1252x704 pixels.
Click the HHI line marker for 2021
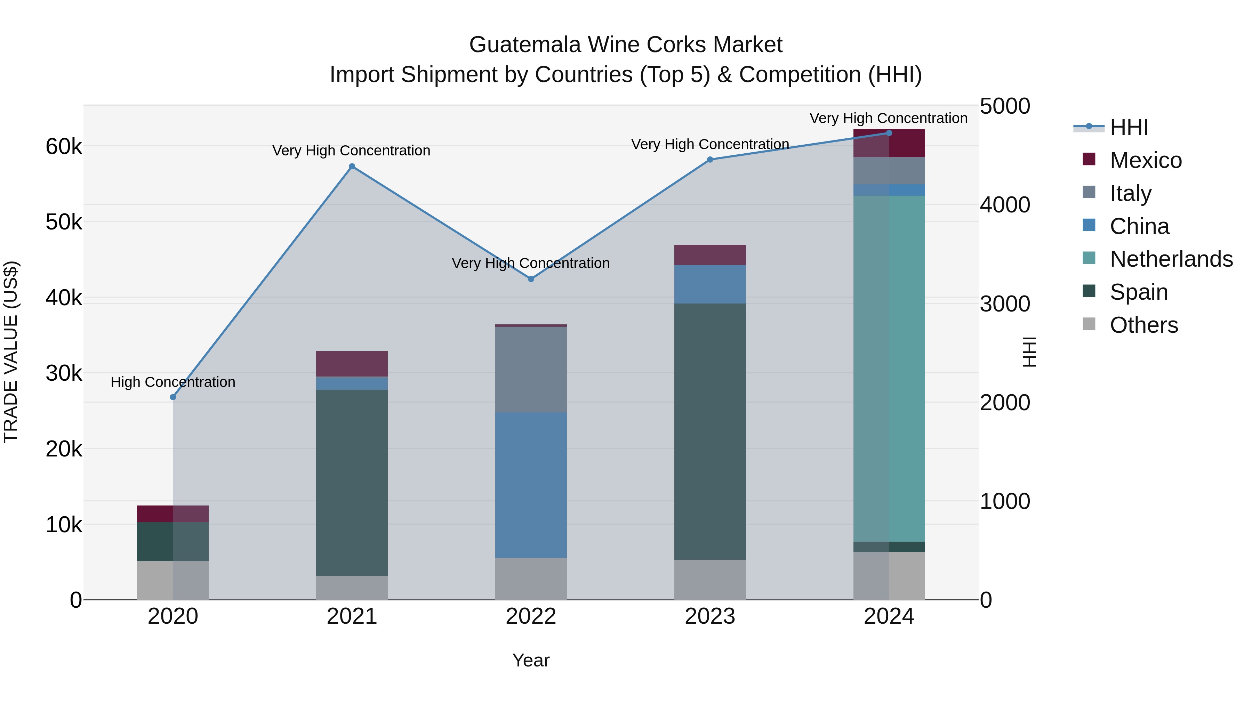[x=352, y=167]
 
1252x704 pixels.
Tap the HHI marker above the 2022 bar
[x=531, y=279]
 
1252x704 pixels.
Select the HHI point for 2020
[x=173, y=397]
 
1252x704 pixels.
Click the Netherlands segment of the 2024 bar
[x=889, y=368]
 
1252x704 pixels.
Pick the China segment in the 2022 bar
[x=531, y=485]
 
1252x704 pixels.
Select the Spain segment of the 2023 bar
[x=709, y=431]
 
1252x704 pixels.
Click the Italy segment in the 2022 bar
[x=531, y=369]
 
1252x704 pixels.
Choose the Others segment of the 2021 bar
[x=352, y=588]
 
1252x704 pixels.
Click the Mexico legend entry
[x=1146, y=160]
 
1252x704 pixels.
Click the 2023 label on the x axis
[x=709, y=616]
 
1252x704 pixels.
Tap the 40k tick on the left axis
[x=64, y=298]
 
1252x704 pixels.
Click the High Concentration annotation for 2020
[x=173, y=382]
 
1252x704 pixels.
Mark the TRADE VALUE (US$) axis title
[x=11, y=352]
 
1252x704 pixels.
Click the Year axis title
[x=531, y=660]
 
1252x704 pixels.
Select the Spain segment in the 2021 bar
[x=352, y=483]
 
